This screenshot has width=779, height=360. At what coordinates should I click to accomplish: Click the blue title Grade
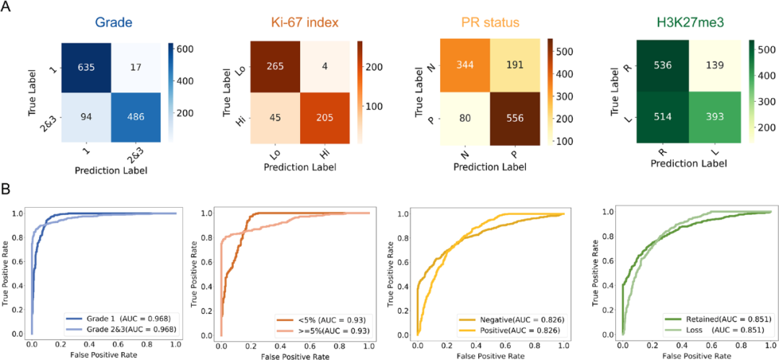coord(110,23)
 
